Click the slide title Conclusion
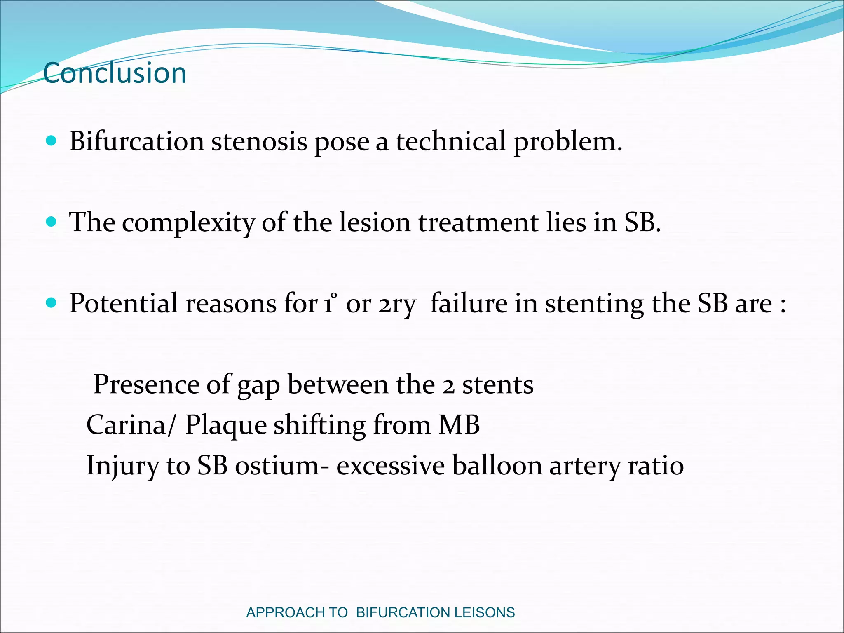(115, 73)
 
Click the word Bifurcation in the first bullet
(136, 141)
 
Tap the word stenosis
(259, 141)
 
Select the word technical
(450, 141)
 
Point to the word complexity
(188, 223)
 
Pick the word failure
(469, 304)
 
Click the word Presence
(146, 384)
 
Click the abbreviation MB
(459, 425)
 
